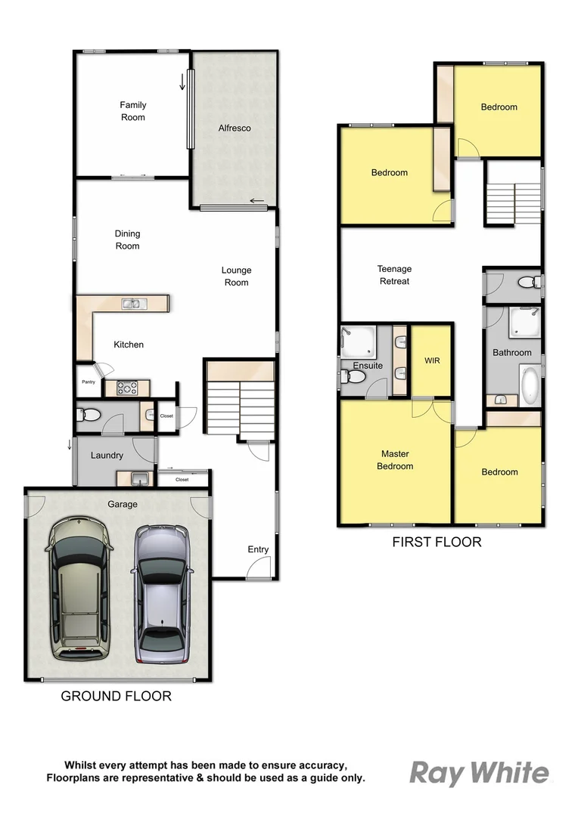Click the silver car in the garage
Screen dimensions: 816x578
(161, 595)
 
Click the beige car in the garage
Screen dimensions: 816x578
(78, 587)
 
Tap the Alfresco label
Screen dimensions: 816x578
(235, 128)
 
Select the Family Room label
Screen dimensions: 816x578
(133, 111)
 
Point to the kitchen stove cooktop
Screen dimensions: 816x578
(126, 388)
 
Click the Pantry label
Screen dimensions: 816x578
(89, 382)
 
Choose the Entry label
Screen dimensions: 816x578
(258, 549)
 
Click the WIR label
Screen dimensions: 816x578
(432, 361)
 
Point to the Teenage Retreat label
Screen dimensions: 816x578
(394, 275)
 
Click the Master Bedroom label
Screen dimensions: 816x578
(396, 460)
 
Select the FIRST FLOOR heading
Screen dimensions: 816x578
(436, 542)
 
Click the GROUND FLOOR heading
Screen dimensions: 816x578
(116, 696)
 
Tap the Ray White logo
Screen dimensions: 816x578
(479, 773)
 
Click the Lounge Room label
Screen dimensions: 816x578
(236, 277)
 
